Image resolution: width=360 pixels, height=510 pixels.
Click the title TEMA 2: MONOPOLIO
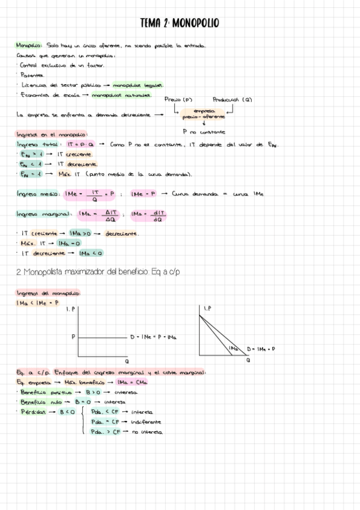pos(179,23)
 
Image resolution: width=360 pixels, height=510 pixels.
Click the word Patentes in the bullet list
pos(31,75)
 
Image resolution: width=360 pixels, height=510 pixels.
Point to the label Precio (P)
pos(180,100)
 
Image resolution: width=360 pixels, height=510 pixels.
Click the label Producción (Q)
pos(232,100)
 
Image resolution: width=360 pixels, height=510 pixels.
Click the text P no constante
pos(204,131)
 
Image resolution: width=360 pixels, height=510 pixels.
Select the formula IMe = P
pos(144,194)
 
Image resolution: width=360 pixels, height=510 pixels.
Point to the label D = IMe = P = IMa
pos(153,337)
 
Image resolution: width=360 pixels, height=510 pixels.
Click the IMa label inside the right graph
pos(233,348)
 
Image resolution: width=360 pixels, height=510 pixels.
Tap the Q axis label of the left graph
pos(127,361)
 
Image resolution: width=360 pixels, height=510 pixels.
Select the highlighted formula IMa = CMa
pos(132,382)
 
